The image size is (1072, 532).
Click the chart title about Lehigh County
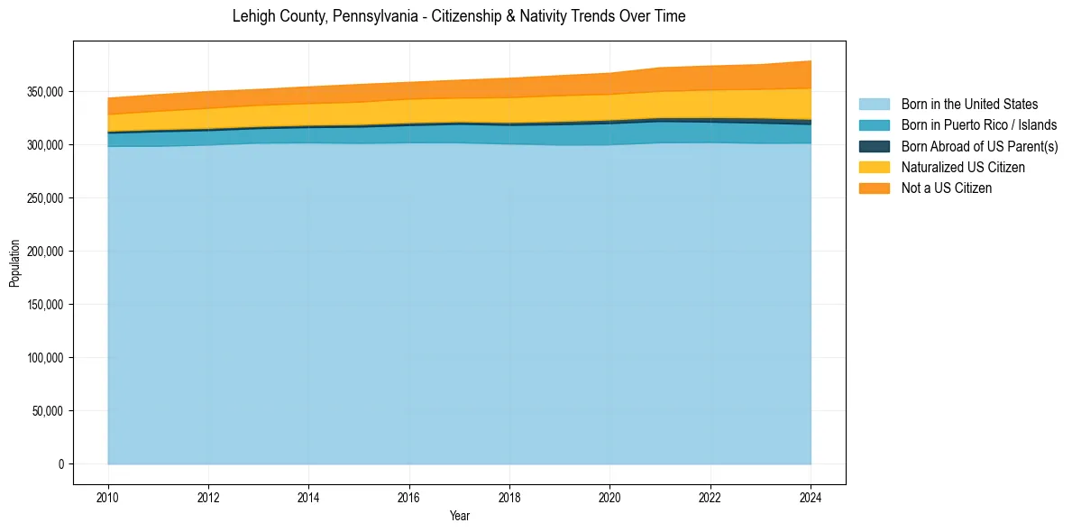click(459, 16)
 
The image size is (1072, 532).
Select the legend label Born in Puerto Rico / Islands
click(979, 125)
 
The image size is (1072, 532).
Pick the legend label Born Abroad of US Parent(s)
click(979, 146)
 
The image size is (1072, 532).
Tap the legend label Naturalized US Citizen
click(963, 167)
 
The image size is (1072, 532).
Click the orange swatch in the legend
click(874, 188)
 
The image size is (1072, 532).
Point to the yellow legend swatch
click(874, 167)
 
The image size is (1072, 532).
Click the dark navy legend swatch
click(874, 146)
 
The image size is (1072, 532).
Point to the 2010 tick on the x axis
click(107, 496)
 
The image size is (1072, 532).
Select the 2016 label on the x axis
click(409, 496)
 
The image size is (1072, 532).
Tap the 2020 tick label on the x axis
click(610, 496)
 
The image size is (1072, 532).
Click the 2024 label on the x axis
click(811, 496)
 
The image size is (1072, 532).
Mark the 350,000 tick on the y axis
click(45, 92)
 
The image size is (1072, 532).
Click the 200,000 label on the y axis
click(45, 252)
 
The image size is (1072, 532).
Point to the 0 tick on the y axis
click(61, 464)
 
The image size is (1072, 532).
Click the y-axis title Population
click(14, 263)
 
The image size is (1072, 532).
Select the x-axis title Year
click(459, 517)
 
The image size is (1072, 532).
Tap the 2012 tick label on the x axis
click(208, 496)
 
